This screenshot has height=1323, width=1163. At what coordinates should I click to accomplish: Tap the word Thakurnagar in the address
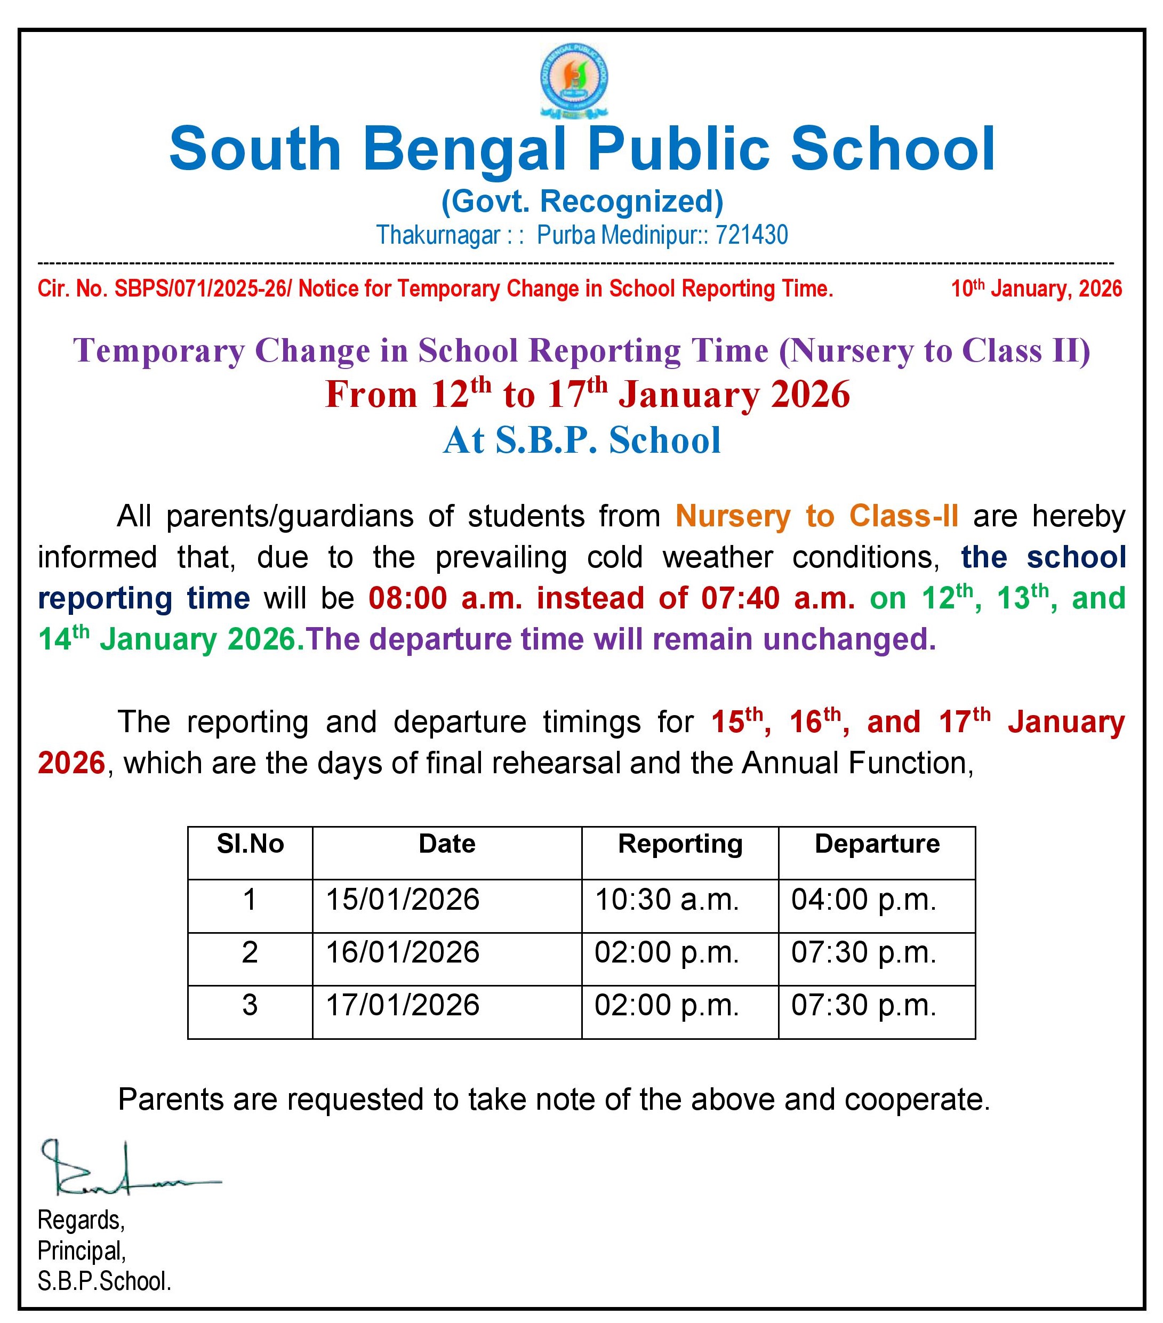click(438, 235)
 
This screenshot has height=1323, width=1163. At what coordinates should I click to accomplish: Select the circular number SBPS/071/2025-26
click(201, 288)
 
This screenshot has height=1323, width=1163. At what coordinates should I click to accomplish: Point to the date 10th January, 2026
click(1036, 288)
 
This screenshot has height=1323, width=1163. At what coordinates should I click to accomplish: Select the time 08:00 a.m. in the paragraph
click(445, 598)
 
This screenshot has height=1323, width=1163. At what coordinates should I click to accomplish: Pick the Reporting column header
click(679, 844)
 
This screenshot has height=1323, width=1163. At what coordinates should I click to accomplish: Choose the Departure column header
click(876, 844)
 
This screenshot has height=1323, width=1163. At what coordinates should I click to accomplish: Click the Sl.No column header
click(250, 844)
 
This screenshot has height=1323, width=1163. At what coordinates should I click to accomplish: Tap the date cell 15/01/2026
click(403, 900)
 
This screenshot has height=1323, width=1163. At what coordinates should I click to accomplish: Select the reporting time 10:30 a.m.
click(667, 900)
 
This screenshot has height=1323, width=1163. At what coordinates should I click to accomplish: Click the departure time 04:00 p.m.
click(863, 900)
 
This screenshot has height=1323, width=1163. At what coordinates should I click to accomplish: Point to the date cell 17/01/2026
click(403, 1005)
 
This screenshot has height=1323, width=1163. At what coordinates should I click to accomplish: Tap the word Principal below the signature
click(81, 1250)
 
